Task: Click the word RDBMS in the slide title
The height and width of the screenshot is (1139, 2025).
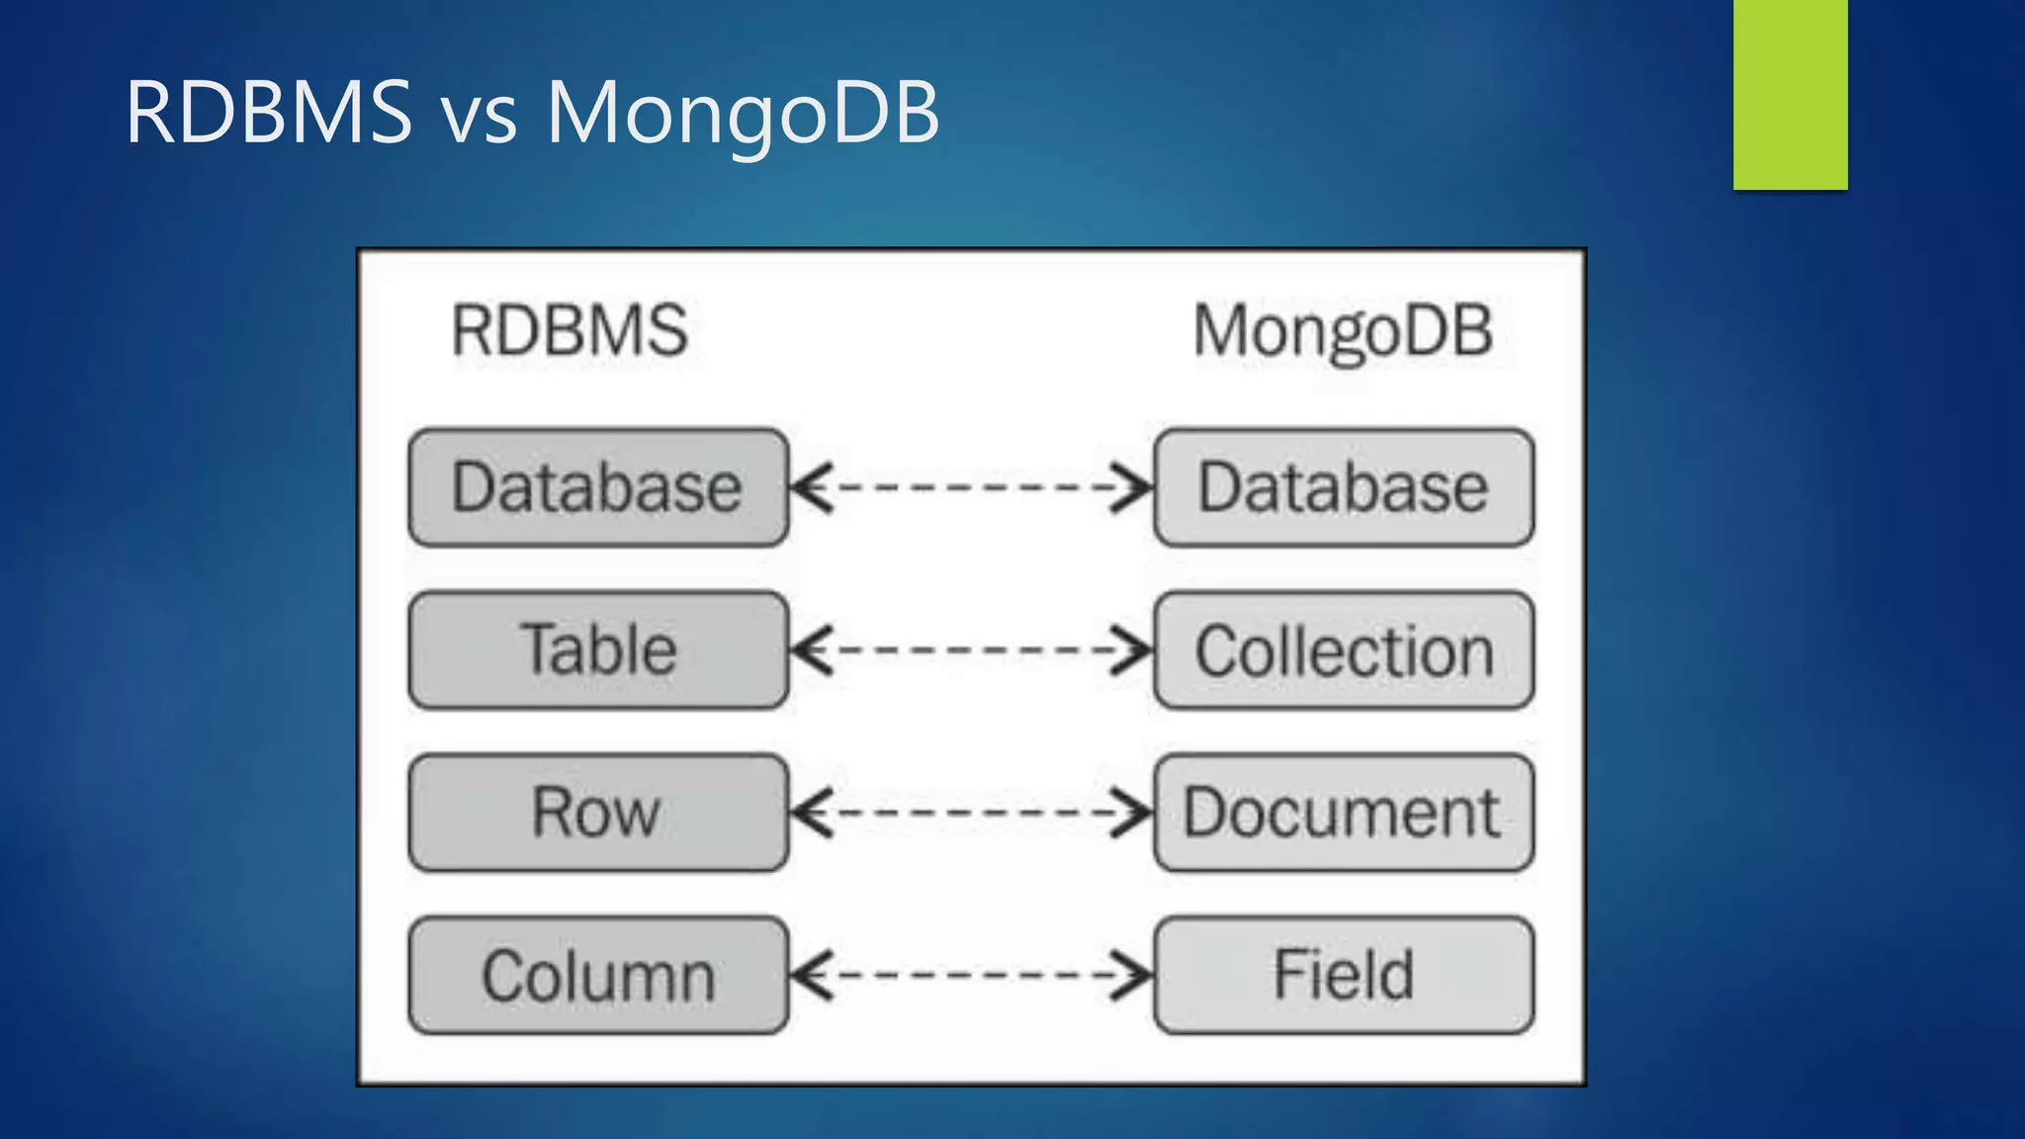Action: tap(269, 112)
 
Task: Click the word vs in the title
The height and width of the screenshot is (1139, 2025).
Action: tap(479, 117)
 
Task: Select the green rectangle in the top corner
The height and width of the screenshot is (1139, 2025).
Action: tap(1790, 94)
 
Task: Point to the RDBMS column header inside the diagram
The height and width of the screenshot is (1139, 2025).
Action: tap(570, 330)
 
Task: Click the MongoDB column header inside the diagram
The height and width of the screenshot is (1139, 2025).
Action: tap(1343, 331)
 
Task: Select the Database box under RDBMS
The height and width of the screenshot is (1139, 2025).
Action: tap(598, 487)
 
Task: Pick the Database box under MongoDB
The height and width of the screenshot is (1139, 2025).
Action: tap(1344, 487)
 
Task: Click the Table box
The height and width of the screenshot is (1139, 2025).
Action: tap(598, 650)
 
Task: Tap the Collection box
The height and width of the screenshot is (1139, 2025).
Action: tap(1344, 651)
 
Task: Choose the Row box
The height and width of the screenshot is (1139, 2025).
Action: tap(598, 813)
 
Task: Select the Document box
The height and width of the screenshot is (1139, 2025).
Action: tap(1344, 813)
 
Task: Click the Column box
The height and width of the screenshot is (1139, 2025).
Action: tap(598, 976)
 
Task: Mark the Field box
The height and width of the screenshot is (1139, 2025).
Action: tap(1344, 975)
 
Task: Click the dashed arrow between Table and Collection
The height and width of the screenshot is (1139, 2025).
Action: tap(972, 651)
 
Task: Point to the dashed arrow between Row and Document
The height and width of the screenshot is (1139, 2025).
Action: tap(972, 813)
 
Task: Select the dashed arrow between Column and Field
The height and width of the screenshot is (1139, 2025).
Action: tap(972, 976)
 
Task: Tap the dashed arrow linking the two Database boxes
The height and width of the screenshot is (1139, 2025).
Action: tap(972, 487)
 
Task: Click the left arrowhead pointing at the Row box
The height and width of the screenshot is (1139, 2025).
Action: tap(811, 813)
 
